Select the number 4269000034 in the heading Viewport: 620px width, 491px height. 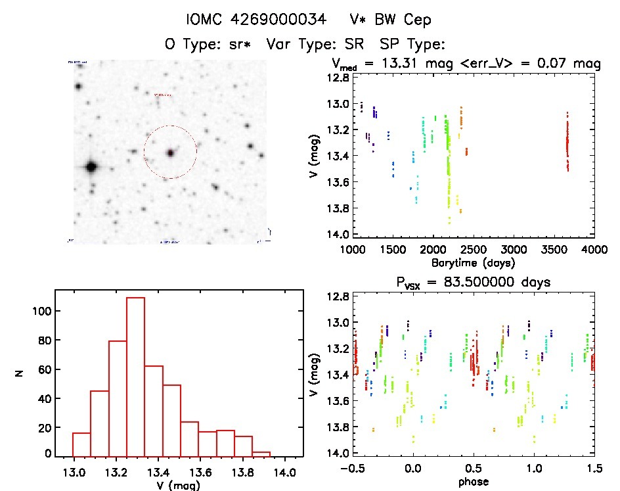(279, 20)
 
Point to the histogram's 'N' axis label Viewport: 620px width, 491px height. (20, 373)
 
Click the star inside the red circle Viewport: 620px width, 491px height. (171, 152)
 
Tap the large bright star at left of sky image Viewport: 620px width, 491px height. (91, 167)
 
